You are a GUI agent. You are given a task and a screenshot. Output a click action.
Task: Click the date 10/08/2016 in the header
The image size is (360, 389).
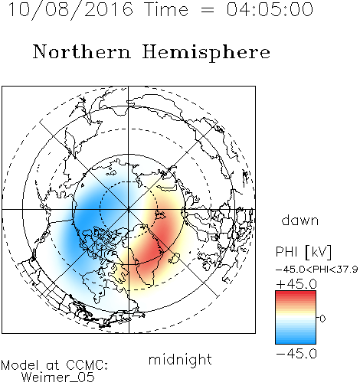coord(71,10)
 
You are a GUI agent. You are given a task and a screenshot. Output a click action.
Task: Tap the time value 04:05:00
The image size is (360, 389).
coord(270,9)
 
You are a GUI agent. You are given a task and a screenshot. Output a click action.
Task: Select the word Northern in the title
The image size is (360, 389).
coord(82,51)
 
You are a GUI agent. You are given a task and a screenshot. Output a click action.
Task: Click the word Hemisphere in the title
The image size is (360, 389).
coord(206,53)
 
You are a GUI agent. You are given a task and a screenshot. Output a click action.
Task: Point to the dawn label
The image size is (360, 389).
coord(300,220)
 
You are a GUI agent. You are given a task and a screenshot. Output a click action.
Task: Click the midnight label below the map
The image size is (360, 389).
coord(180,361)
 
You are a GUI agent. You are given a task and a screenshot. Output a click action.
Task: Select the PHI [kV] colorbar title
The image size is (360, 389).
coord(304,252)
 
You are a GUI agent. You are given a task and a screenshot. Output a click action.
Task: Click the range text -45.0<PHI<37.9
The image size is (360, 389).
coord(316,270)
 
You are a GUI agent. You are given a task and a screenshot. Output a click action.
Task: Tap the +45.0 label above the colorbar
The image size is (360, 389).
coord(296,284)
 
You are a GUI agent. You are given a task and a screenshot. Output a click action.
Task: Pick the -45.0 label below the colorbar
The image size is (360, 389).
coord(296,354)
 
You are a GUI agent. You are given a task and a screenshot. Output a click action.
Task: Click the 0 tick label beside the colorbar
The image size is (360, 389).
coord(322,319)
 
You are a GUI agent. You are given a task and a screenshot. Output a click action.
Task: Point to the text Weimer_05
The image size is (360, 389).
coord(58,377)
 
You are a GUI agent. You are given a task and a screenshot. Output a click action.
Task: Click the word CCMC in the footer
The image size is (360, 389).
coord(87,365)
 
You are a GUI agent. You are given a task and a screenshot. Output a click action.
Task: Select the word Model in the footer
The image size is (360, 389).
coord(20,365)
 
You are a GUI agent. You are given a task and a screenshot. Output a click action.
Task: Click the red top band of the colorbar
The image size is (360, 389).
coord(296,293)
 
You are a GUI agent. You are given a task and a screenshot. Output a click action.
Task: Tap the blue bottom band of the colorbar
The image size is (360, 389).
coord(296,341)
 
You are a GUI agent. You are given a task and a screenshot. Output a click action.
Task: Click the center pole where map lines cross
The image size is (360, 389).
coord(129,210)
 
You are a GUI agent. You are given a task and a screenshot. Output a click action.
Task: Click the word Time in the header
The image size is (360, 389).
coord(166,9)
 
